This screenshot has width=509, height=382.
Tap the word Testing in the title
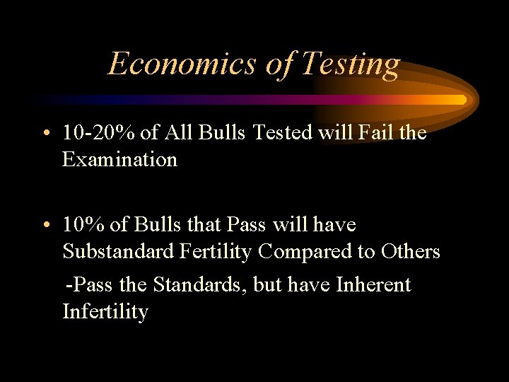point(350,65)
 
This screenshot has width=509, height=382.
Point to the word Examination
point(119,160)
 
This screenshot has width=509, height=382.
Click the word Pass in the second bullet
point(246,225)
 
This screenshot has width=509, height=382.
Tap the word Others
point(411,251)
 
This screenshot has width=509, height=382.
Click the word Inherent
point(373,285)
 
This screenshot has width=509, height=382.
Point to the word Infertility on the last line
point(105,311)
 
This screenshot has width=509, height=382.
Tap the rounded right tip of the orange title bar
point(463,100)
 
